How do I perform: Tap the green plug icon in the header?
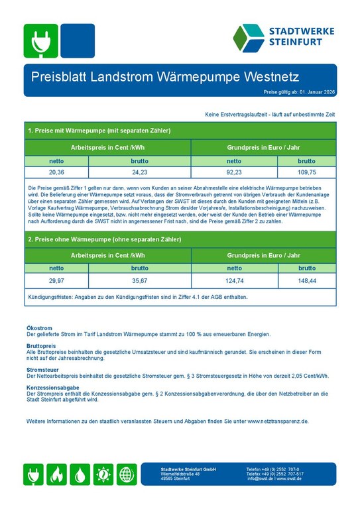pos(40,40)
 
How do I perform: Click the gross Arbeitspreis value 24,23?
pos(139,172)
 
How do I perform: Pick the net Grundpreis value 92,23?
pos(234,172)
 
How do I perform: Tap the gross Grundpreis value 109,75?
pos(306,172)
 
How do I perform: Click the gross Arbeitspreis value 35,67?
pos(139,281)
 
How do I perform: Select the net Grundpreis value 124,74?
pos(234,281)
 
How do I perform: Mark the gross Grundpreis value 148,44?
pos(306,281)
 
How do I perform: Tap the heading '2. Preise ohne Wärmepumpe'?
pos(104,239)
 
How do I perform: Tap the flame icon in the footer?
pos(58,475)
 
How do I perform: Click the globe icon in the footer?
pos(127,475)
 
